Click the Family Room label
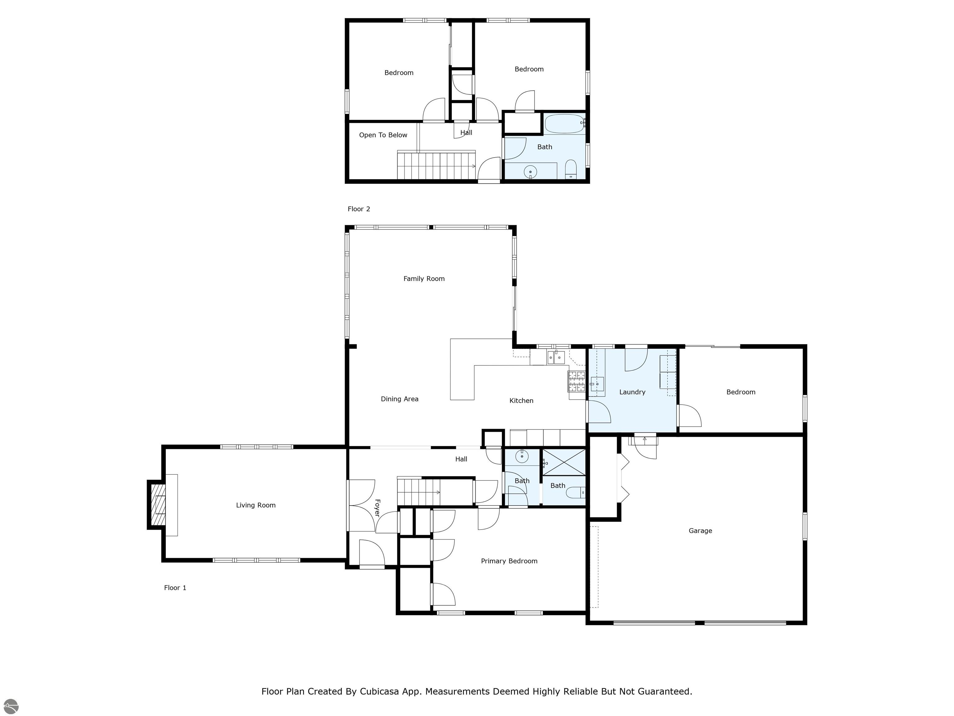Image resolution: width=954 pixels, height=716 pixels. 424,279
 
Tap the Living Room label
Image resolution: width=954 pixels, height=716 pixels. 256,505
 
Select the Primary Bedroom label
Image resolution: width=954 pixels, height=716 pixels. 509,561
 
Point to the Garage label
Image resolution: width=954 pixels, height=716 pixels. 700,531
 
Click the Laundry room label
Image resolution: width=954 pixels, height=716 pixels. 632,392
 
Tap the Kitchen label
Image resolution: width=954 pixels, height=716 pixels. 521,401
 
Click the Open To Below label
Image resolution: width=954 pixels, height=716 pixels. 383,135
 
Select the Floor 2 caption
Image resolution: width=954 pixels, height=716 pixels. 359,209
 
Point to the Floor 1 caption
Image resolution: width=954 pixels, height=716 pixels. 175,588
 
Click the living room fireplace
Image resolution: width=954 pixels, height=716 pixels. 157,505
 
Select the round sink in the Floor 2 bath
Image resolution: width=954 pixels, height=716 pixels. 530,172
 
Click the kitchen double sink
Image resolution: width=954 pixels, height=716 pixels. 556,357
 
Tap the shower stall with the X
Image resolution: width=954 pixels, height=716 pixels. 564,462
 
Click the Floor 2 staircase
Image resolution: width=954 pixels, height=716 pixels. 436,165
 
